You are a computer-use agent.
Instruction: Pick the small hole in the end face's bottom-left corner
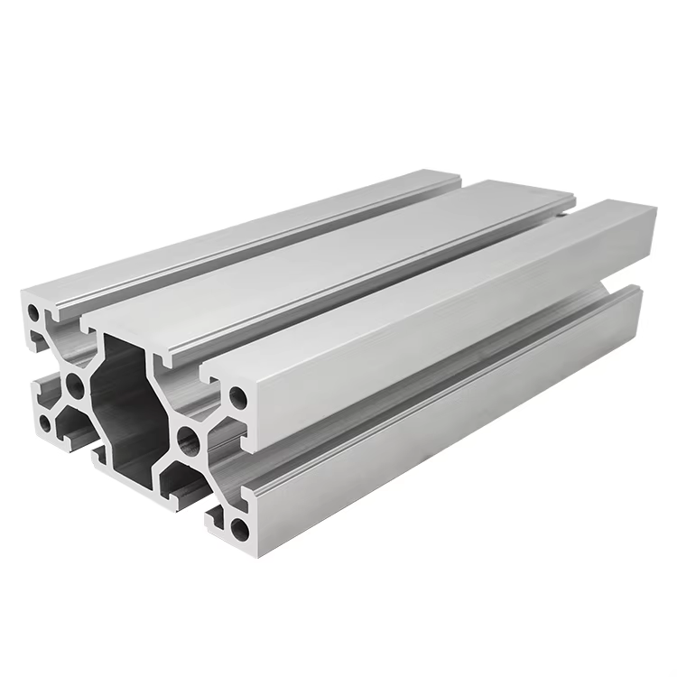(x=43, y=422)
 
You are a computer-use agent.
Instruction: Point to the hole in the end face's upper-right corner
(x=237, y=395)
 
